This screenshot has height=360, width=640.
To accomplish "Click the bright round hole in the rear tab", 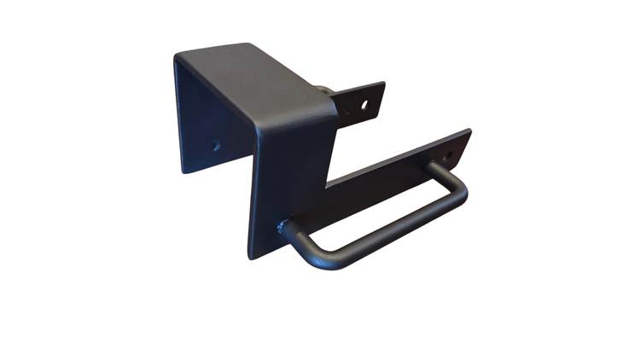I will (x=364, y=105).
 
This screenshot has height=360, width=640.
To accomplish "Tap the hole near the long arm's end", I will (x=450, y=154).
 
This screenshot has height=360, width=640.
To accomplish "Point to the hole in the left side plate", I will (x=216, y=144).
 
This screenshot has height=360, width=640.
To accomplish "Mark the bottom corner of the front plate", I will (x=250, y=258).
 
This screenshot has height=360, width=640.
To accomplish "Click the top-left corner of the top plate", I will (x=176, y=55).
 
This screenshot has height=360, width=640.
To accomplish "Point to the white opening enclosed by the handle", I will (x=375, y=209).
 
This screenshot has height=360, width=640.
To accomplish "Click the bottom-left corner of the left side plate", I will (x=183, y=171).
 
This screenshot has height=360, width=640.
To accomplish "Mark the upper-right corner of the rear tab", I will (x=384, y=83).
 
